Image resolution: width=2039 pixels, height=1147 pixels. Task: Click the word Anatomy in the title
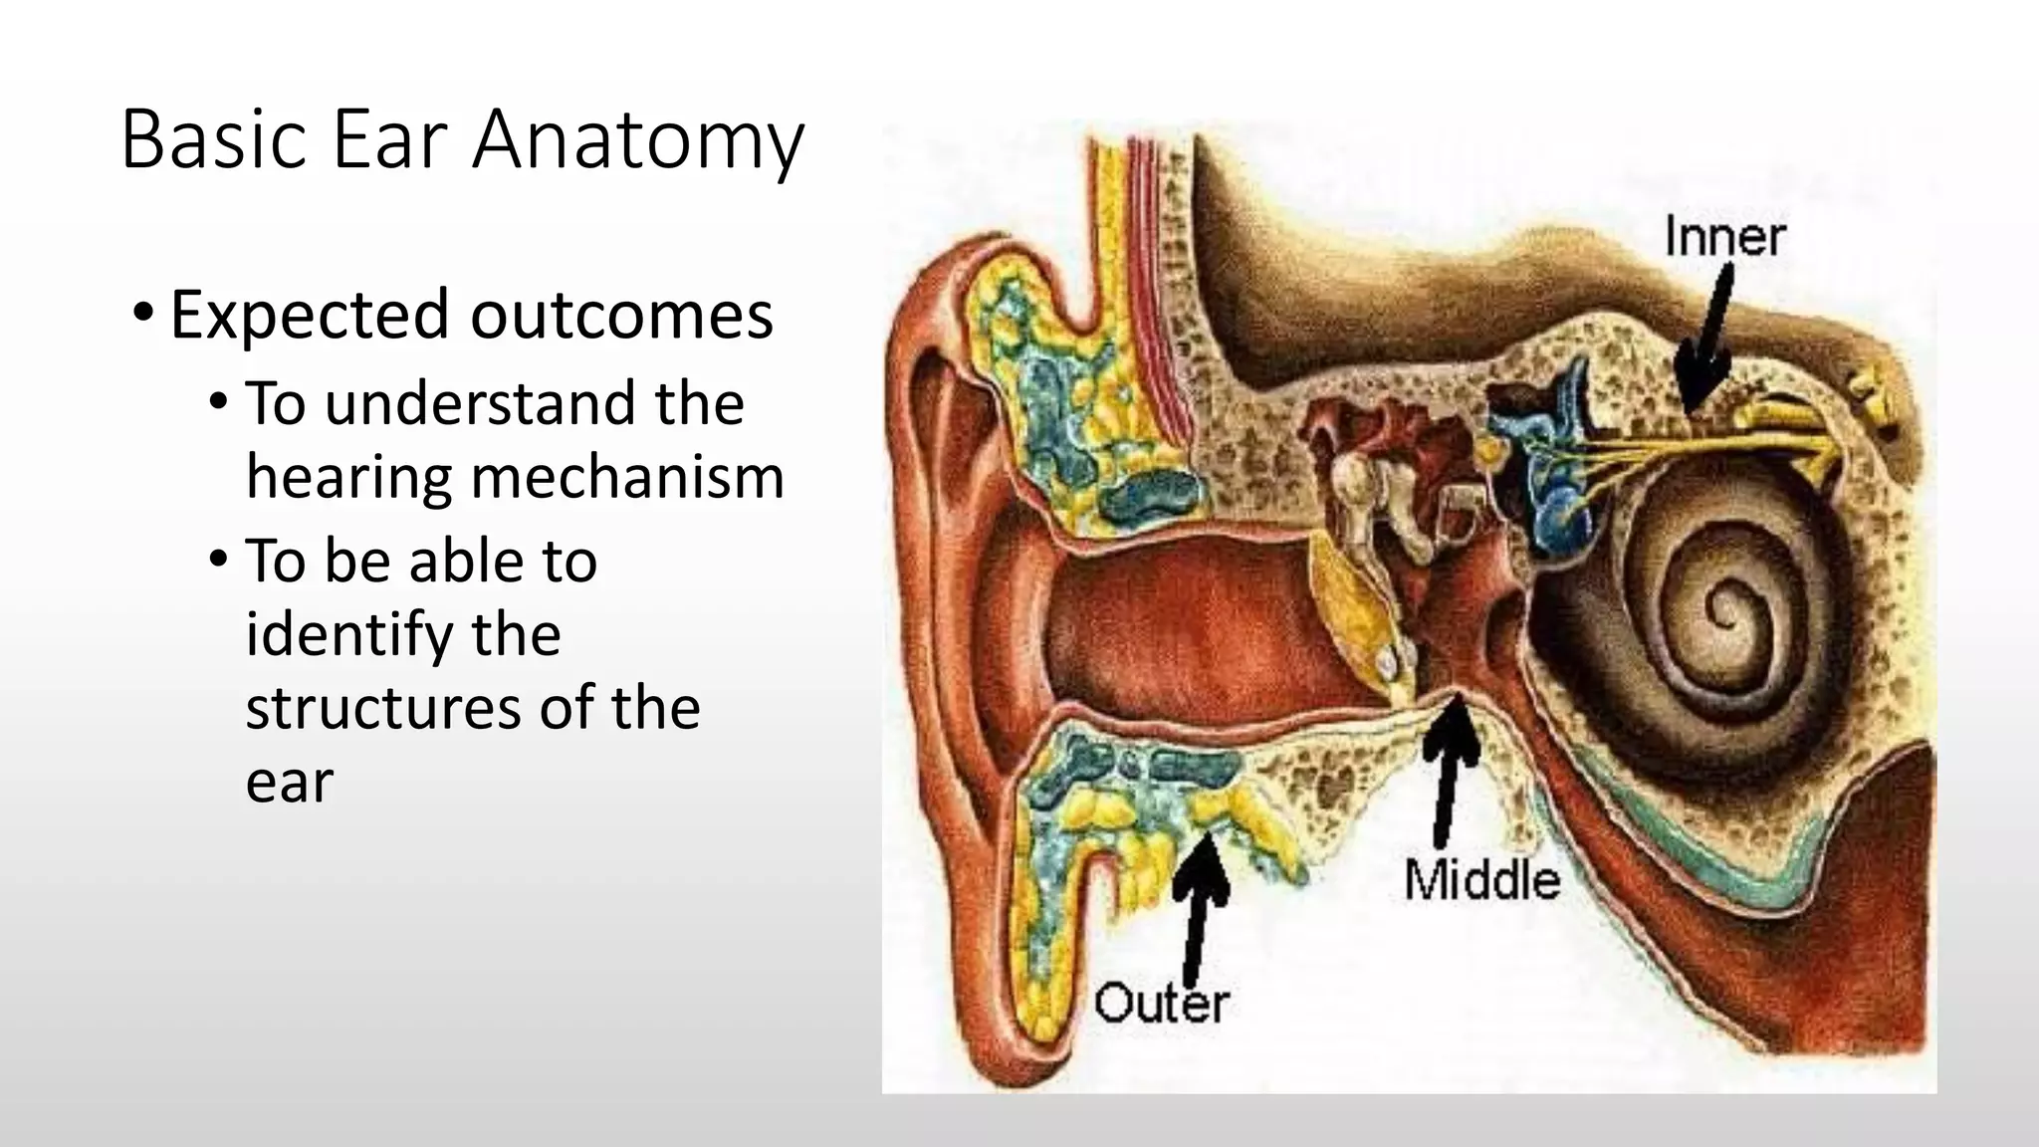point(637,141)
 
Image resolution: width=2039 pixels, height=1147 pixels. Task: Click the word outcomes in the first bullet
point(621,316)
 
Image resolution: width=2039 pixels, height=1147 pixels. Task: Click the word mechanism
point(627,478)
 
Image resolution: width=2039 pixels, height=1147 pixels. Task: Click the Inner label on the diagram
point(1724,238)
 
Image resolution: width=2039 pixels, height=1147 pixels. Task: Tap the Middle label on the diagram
point(1481,881)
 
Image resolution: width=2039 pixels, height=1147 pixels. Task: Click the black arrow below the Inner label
point(1707,344)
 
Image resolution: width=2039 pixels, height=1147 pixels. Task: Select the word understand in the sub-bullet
point(483,404)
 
